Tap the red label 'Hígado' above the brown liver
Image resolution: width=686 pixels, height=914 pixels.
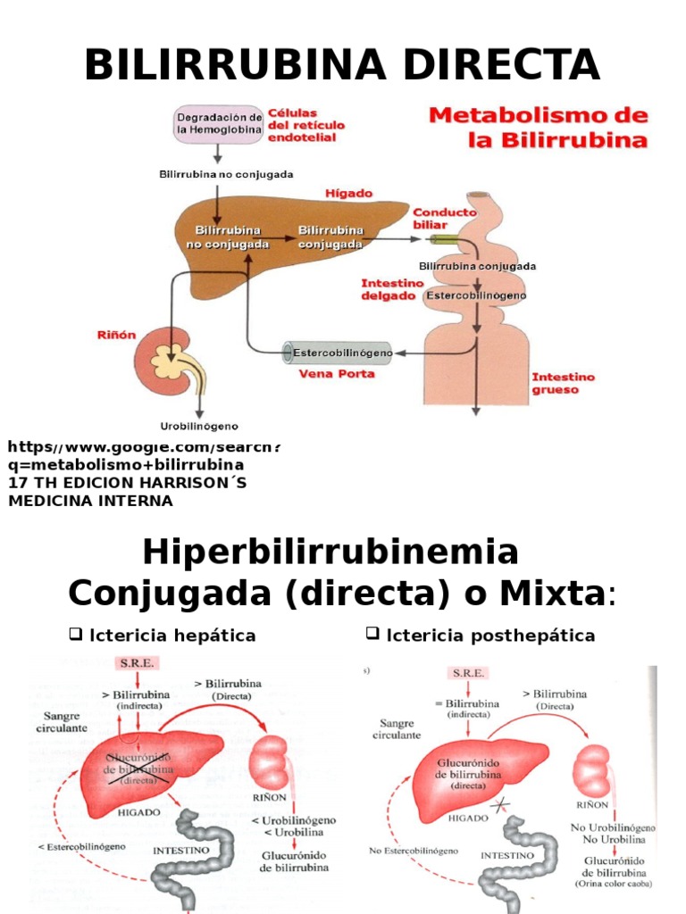point(349,193)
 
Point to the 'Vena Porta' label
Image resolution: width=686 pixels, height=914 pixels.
point(336,374)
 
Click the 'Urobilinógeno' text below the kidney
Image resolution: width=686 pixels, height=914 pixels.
point(198,426)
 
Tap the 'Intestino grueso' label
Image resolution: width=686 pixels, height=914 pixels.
point(563,383)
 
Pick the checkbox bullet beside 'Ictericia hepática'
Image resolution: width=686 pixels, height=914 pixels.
point(75,635)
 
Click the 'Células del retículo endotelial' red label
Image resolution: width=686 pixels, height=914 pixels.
point(306,125)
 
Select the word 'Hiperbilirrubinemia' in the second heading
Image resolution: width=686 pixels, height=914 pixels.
point(330,553)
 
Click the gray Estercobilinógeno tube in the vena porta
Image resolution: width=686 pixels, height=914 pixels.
point(340,353)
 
